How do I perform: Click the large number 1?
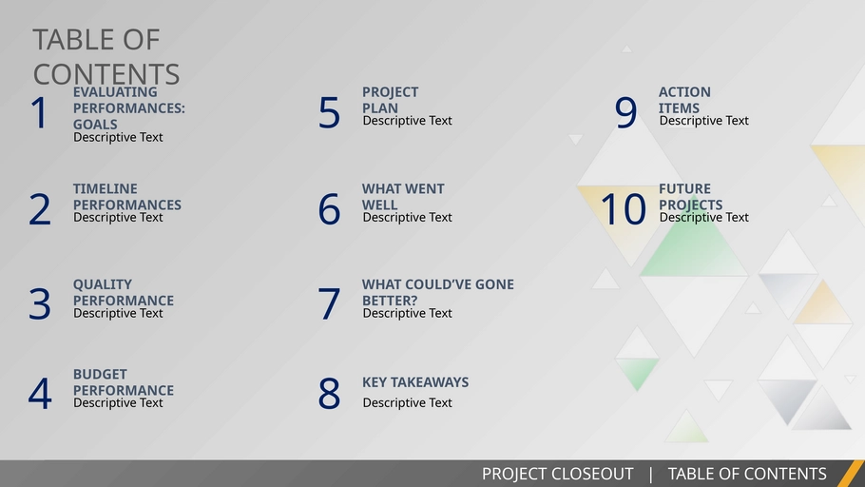tap(39, 112)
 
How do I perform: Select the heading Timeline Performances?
tap(126, 197)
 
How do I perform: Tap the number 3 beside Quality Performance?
tap(40, 303)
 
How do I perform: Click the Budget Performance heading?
tap(123, 382)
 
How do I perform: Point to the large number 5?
tap(329, 112)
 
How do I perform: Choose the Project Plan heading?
tap(390, 100)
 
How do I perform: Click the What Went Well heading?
tap(403, 197)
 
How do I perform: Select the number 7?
tap(329, 303)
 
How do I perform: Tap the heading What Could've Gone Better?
tap(437, 292)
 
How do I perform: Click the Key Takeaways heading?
tap(414, 382)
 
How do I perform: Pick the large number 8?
tap(329, 394)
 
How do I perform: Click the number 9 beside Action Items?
tap(625, 112)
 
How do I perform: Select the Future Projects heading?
tap(690, 197)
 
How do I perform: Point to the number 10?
tap(624, 209)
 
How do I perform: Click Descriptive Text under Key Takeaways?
tap(407, 403)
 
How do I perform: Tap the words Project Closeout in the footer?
tap(557, 474)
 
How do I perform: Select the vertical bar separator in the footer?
tap(650, 474)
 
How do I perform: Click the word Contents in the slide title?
tap(106, 74)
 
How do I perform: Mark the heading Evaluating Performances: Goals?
tap(128, 108)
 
